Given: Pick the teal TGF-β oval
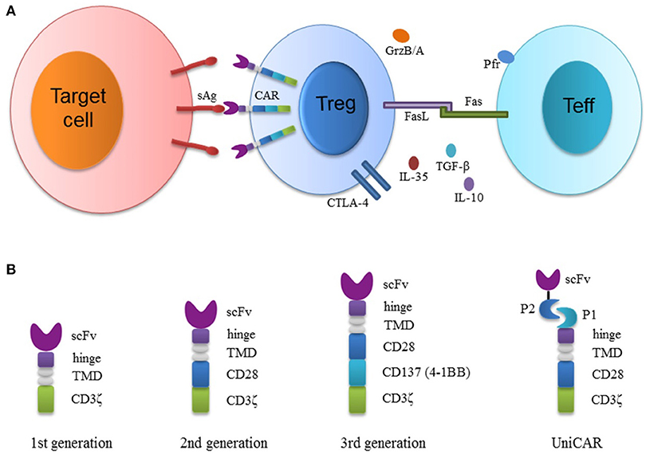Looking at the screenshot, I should tap(451, 150).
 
